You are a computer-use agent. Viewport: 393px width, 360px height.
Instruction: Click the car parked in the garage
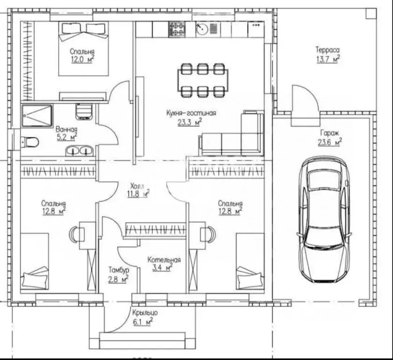[324, 219]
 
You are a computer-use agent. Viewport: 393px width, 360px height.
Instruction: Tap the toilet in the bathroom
[30, 142]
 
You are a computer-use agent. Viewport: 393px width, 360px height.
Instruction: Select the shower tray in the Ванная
[37, 116]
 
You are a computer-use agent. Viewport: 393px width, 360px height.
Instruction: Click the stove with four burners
[177, 29]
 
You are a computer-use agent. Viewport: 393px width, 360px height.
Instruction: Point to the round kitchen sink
[202, 30]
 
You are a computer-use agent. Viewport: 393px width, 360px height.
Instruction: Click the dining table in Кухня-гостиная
[203, 80]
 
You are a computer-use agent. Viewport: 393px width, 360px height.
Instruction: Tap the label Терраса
[327, 50]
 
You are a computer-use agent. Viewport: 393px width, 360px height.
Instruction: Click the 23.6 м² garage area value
[330, 142]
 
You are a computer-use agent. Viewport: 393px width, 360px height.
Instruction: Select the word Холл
[137, 186]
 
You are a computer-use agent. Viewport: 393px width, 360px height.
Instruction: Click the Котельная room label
[164, 260]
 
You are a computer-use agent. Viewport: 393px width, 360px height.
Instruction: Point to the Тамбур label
[119, 270]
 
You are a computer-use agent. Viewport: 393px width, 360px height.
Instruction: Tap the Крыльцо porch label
[145, 313]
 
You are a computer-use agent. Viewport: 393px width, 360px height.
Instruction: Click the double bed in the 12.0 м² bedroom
[83, 49]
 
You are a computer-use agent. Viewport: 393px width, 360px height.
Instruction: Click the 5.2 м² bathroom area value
[67, 137]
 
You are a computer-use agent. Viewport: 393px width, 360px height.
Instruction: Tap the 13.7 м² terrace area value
[328, 60]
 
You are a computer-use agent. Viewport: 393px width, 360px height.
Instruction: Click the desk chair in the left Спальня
[74, 234]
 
